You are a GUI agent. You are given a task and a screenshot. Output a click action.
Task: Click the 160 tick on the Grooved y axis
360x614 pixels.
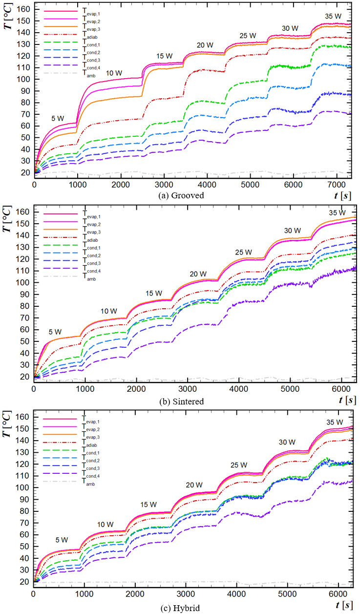click(x=23, y=9)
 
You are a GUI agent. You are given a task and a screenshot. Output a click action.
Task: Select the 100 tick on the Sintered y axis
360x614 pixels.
click(x=23, y=283)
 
